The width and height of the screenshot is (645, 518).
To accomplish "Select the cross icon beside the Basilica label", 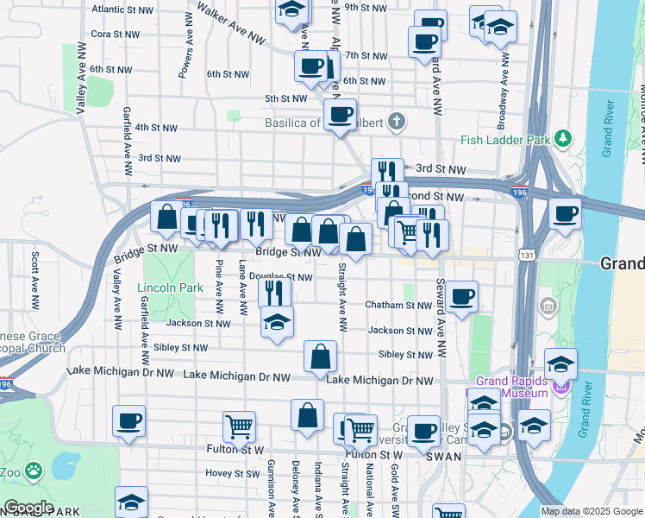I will point(397,120).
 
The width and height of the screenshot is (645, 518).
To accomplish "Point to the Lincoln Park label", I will point(169,287).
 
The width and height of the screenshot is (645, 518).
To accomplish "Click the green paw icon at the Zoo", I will point(33,471).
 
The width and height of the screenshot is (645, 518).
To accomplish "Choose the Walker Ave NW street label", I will point(230,23).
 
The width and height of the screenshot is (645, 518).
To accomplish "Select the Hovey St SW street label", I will point(233,473).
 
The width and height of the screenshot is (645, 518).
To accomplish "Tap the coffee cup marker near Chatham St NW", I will point(461,297).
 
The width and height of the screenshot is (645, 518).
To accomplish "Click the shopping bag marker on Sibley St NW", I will point(320,356).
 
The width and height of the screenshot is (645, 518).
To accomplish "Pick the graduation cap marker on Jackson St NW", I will point(277,322).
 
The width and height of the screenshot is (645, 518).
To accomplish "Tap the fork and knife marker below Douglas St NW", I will point(274,292).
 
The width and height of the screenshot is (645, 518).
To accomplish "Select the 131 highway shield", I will point(527,255).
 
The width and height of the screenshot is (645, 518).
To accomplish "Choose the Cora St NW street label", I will point(115,35).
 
